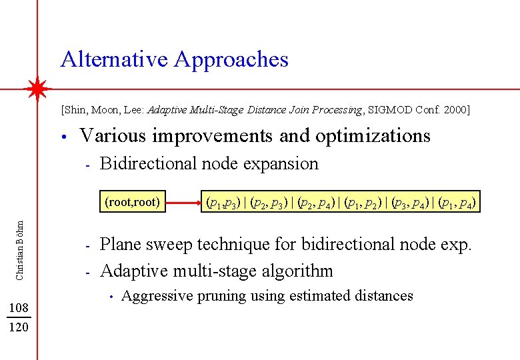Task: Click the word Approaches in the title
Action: (x=231, y=60)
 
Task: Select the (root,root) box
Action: (x=133, y=201)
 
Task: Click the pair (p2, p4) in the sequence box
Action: (x=317, y=201)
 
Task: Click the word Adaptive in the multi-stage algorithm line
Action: (x=131, y=271)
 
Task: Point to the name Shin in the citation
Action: (x=75, y=109)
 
